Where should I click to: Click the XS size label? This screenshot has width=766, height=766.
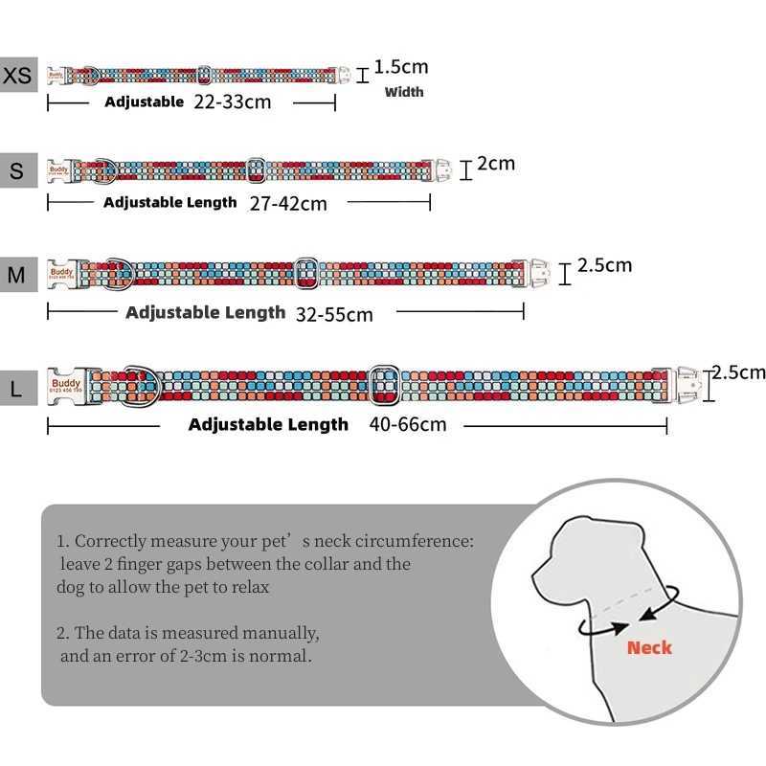(18, 74)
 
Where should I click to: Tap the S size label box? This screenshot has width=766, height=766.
(17, 171)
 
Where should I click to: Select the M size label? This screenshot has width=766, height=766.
(17, 276)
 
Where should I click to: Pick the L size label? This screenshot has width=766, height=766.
(17, 389)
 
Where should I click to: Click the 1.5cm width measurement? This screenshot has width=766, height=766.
(400, 67)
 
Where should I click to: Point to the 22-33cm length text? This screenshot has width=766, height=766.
(232, 101)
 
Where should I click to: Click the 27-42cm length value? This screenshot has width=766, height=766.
(287, 203)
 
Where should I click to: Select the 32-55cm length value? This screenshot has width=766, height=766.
(334, 313)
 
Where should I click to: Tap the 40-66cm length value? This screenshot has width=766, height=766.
(407, 423)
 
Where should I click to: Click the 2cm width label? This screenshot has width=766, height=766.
(496, 164)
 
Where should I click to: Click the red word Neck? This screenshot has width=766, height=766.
(649, 648)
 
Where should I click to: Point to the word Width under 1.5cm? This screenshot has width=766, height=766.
(404, 92)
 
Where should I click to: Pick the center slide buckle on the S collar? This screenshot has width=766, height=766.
(256, 170)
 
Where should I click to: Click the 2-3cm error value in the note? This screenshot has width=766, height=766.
(223, 657)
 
